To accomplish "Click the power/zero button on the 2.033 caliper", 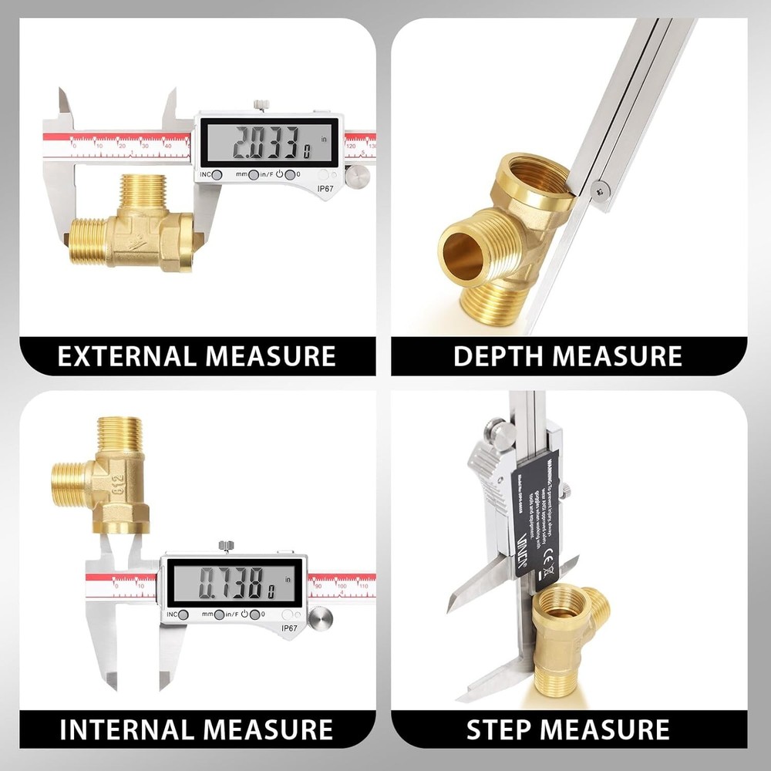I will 291,175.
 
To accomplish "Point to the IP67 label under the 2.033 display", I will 325,187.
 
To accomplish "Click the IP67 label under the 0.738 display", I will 289,628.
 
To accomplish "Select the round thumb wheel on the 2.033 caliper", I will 356,177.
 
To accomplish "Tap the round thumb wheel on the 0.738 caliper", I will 321,617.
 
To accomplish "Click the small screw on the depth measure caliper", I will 602,185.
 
